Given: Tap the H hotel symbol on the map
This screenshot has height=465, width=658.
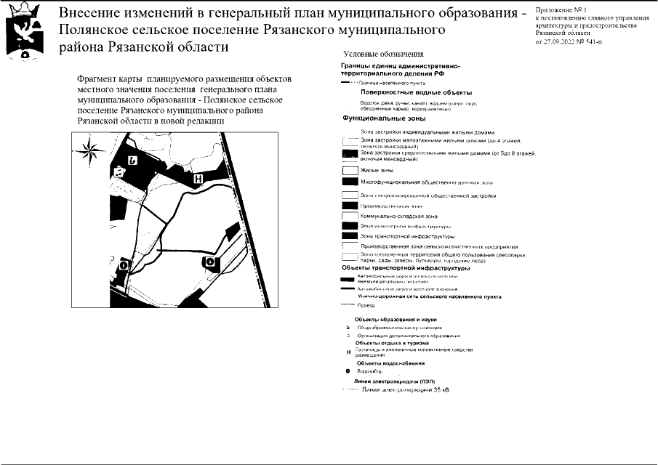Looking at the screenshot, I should click(197, 177).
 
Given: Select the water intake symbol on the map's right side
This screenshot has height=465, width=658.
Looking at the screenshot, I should click(210, 262).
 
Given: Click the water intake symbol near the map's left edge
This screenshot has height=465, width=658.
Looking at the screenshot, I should click(123, 266).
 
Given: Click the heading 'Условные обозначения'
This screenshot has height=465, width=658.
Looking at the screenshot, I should click(374, 55).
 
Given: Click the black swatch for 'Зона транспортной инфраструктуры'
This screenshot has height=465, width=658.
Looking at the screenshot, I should click(350, 236).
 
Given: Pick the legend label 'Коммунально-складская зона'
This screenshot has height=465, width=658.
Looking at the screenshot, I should click(399, 217).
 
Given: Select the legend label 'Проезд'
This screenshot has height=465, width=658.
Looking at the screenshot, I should click(366, 306).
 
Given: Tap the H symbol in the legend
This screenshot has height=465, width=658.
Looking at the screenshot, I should click(349, 352).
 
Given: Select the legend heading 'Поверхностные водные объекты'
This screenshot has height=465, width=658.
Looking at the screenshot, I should click(415, 93).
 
